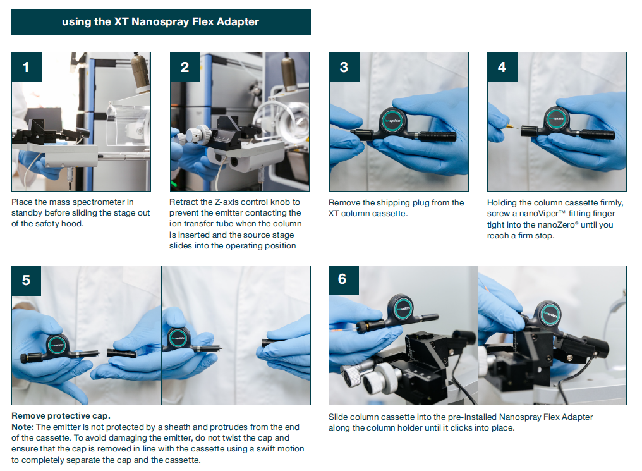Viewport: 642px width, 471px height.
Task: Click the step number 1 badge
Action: pos(27,67)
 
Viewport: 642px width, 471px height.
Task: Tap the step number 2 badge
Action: pos(185,67)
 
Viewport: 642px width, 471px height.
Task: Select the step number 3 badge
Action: pos(344,67)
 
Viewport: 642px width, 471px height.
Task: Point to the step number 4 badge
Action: pos(502,67)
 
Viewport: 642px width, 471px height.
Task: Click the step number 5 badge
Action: pos(27,281)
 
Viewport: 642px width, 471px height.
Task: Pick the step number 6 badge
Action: pos(344,280)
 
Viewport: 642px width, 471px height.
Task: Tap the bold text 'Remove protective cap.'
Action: pos(61,416)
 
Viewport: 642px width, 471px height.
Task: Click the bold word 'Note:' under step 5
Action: pos(23,427)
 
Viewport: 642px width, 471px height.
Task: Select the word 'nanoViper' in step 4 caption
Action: pos(538,214)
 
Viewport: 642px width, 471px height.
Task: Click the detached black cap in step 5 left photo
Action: pos(121,353)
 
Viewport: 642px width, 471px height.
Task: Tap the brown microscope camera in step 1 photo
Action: pos(140,71)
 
